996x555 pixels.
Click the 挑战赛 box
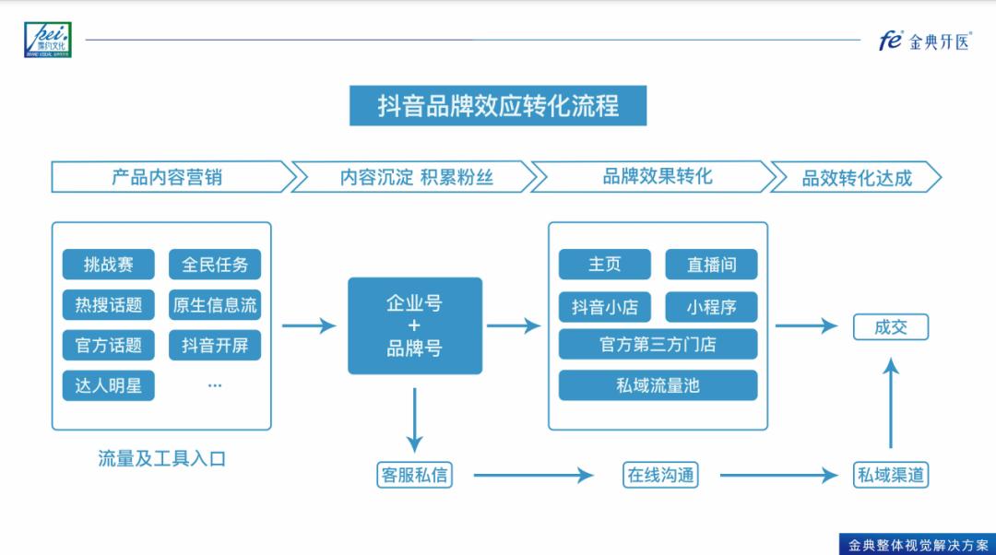click(x=109, y=265)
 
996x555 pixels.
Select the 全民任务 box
click(x=215, y=265)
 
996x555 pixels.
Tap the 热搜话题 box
click(x=109, y=305)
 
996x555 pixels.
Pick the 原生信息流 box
click(x=215, y=305)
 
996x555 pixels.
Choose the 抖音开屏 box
click(x=215, y=346)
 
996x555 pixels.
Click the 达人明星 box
click(x=109, y=386)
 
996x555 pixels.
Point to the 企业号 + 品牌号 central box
click(x=415, y=326)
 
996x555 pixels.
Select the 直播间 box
click(x=711, y=265)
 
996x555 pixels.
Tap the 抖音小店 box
click(x=605, y=306)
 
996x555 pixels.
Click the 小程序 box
click(x=711, y=306)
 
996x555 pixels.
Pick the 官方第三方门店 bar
click(x=658, y=345)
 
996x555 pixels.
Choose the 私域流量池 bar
click(x=658, y=385)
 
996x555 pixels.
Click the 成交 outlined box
click(x=890, y=326)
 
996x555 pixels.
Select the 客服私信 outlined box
click(x=414, y=475)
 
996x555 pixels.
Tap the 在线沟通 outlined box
click(x=660, y=475)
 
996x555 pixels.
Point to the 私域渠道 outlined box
click(x=890, y=475)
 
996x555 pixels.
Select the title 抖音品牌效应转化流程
click(x=498, y=106)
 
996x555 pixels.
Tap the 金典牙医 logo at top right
click(x=924, y=41)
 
